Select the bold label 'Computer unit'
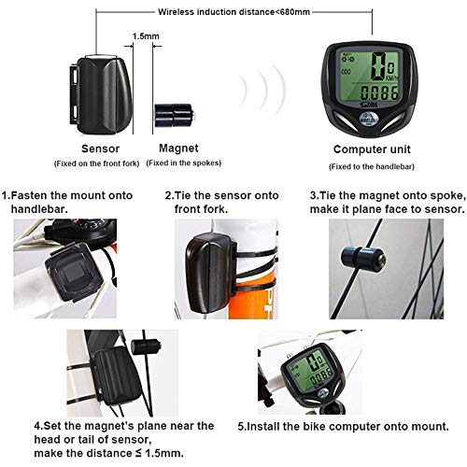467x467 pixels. point(374,148)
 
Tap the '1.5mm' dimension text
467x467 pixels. point(146,35)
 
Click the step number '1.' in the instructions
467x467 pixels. point(6,196)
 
